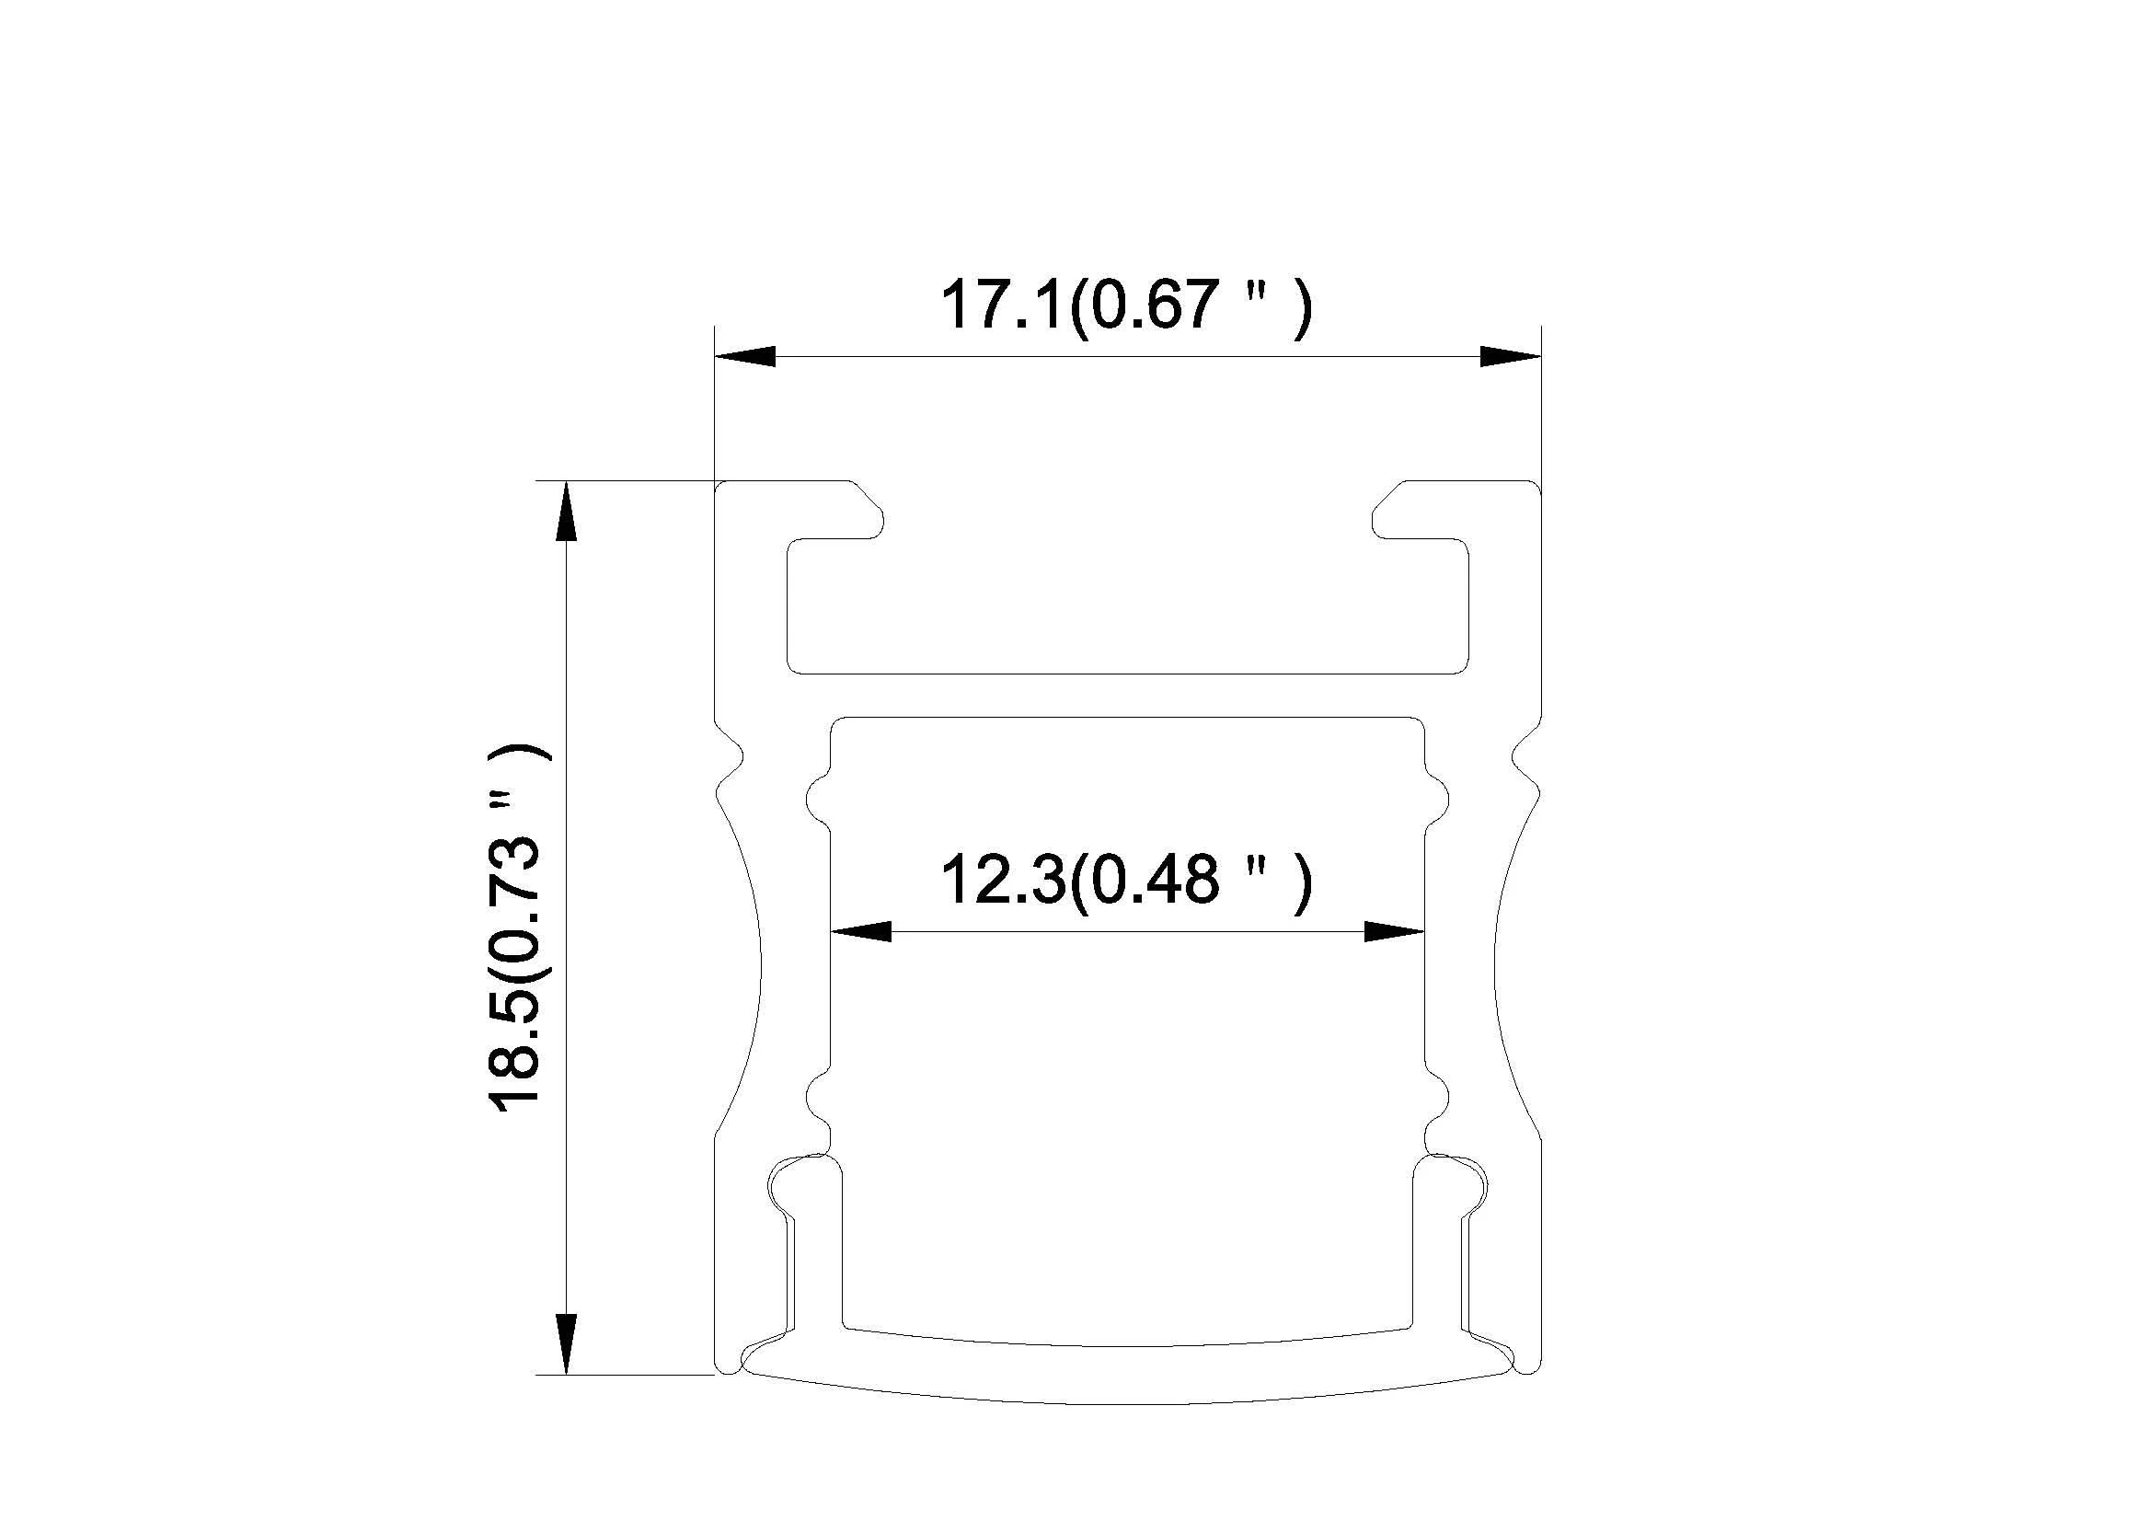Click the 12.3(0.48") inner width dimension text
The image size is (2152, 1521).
tap(1125, 881)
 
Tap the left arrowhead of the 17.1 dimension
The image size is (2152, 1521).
tap(746, 356)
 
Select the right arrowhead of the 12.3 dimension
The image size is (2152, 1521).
tap(1394, 931)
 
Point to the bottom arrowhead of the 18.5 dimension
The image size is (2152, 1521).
tap(566, 1344)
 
